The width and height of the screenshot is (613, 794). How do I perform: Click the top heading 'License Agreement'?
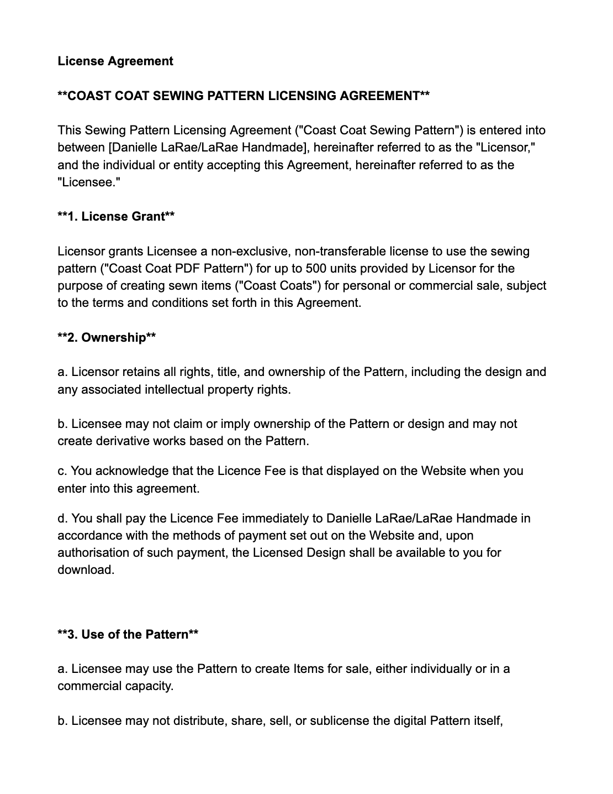coord(115,61)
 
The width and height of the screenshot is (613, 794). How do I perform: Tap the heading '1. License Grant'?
coord(116,217)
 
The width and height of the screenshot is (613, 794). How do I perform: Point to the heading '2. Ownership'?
coord(107,337)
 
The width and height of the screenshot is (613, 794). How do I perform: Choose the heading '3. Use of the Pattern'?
coord(128,634)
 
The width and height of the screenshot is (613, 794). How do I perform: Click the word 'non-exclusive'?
coord(250,252)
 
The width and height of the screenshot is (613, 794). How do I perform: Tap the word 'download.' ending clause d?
coord(86,570)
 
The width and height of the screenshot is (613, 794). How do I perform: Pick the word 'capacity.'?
coord(150,686)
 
